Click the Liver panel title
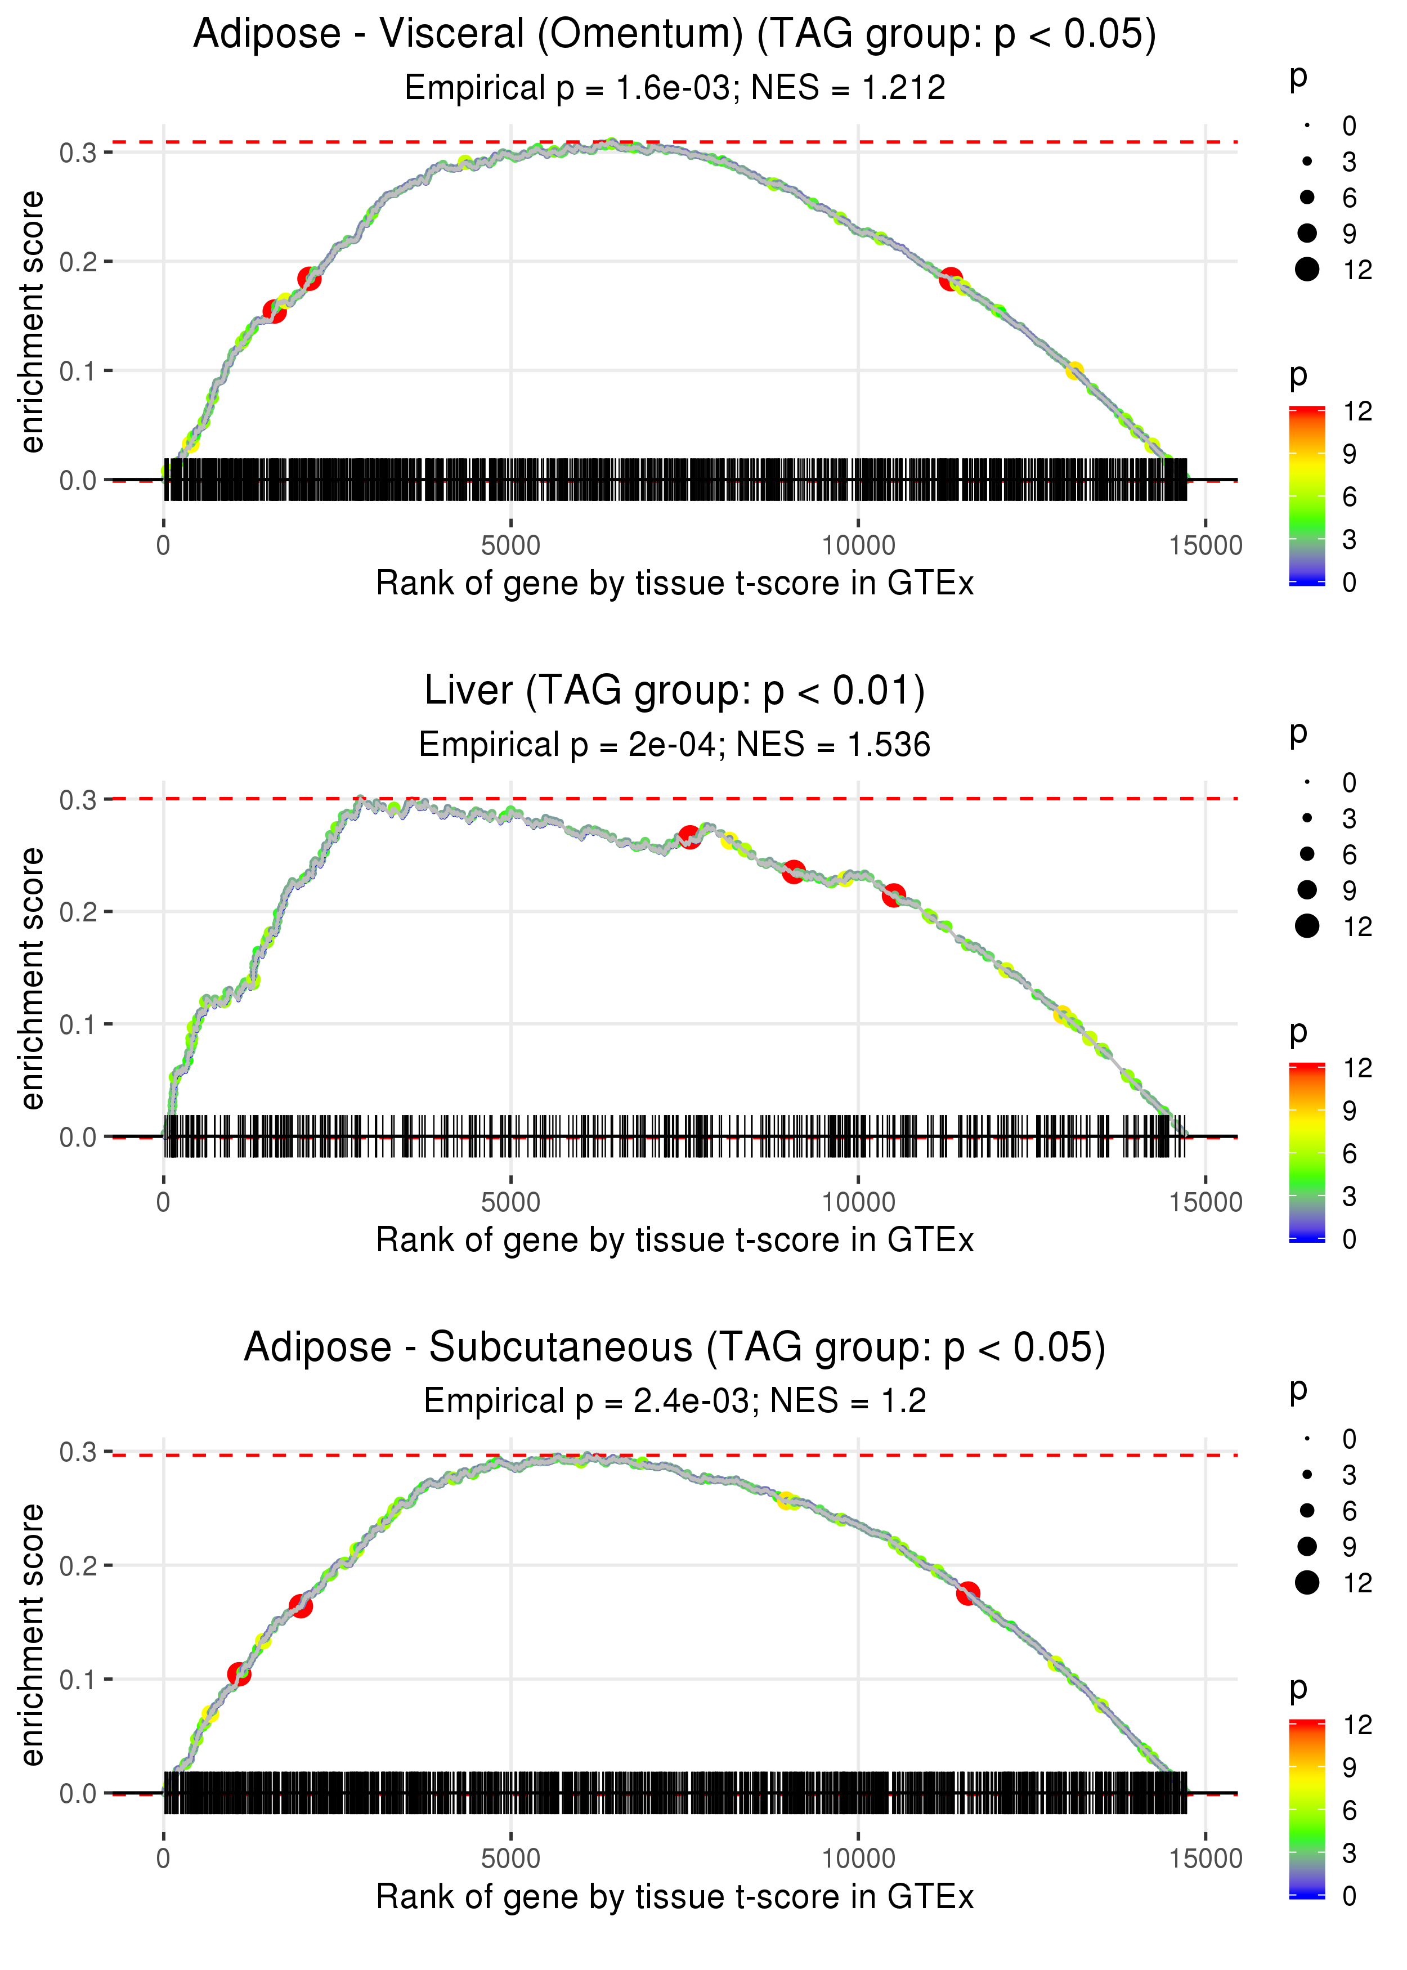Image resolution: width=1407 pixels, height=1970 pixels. coord(674,691)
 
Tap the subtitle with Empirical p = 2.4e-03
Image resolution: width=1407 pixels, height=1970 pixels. coord(674,1401)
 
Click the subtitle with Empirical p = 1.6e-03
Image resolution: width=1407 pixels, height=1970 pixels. coord(674,87)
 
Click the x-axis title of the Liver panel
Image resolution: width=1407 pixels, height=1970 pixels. coord(674,1240)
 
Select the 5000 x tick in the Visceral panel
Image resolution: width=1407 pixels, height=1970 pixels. coord(510,546)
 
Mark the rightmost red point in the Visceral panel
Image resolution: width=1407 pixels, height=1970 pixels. coord(951,279)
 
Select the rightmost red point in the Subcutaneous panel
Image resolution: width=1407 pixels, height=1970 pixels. coord(968,1593)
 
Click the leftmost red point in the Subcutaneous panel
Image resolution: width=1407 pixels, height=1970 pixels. coord(239,1674)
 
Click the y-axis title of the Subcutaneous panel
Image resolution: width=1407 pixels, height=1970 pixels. coord(32,1635)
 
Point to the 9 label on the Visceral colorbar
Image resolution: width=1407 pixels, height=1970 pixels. coord(1349,454)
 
